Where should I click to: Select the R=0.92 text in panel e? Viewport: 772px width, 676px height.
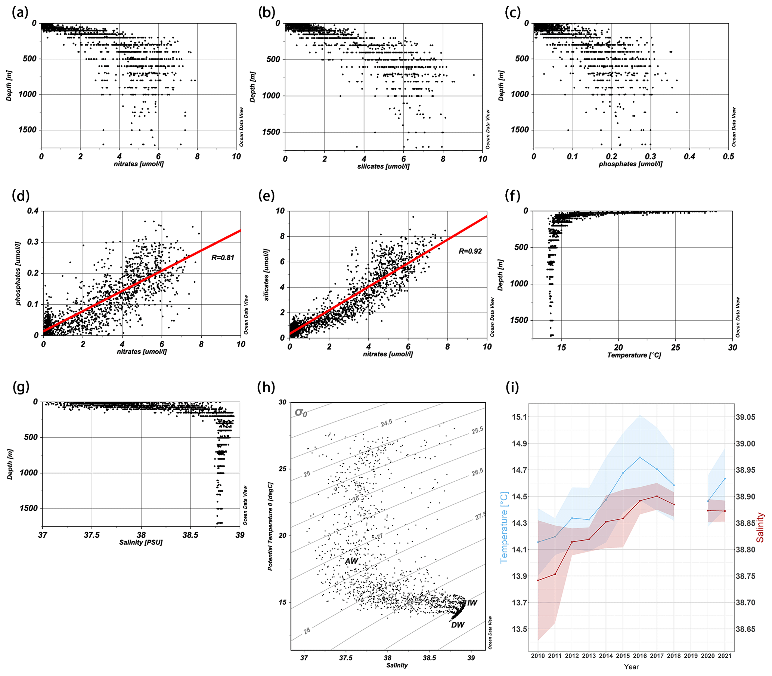click(470, 251)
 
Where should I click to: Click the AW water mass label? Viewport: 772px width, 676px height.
click(351, 561)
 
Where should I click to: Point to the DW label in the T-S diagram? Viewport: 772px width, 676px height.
click(458, 625)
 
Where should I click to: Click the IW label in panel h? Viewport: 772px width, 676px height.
click(472, 603)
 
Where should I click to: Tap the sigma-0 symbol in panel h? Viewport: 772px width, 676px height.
click(301, 412)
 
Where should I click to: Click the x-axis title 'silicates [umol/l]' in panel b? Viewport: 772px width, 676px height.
click(383, 166)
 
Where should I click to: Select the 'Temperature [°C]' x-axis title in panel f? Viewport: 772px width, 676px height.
click(634, 355)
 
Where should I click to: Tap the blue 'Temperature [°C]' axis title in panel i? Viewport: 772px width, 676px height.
click(504, 527)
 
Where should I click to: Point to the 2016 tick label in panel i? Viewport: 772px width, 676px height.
click(640, 656)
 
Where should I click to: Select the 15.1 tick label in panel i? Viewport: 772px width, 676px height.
click(520, 417)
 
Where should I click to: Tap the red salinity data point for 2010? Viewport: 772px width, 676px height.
click(538, 580)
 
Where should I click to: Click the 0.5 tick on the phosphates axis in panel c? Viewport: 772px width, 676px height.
click(728, 157)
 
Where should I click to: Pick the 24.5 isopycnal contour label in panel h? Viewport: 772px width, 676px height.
click(386, 423)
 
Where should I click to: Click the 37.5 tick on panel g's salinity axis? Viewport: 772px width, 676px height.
click(92, 536)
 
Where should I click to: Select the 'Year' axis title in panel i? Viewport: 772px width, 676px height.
click(631, 667)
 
